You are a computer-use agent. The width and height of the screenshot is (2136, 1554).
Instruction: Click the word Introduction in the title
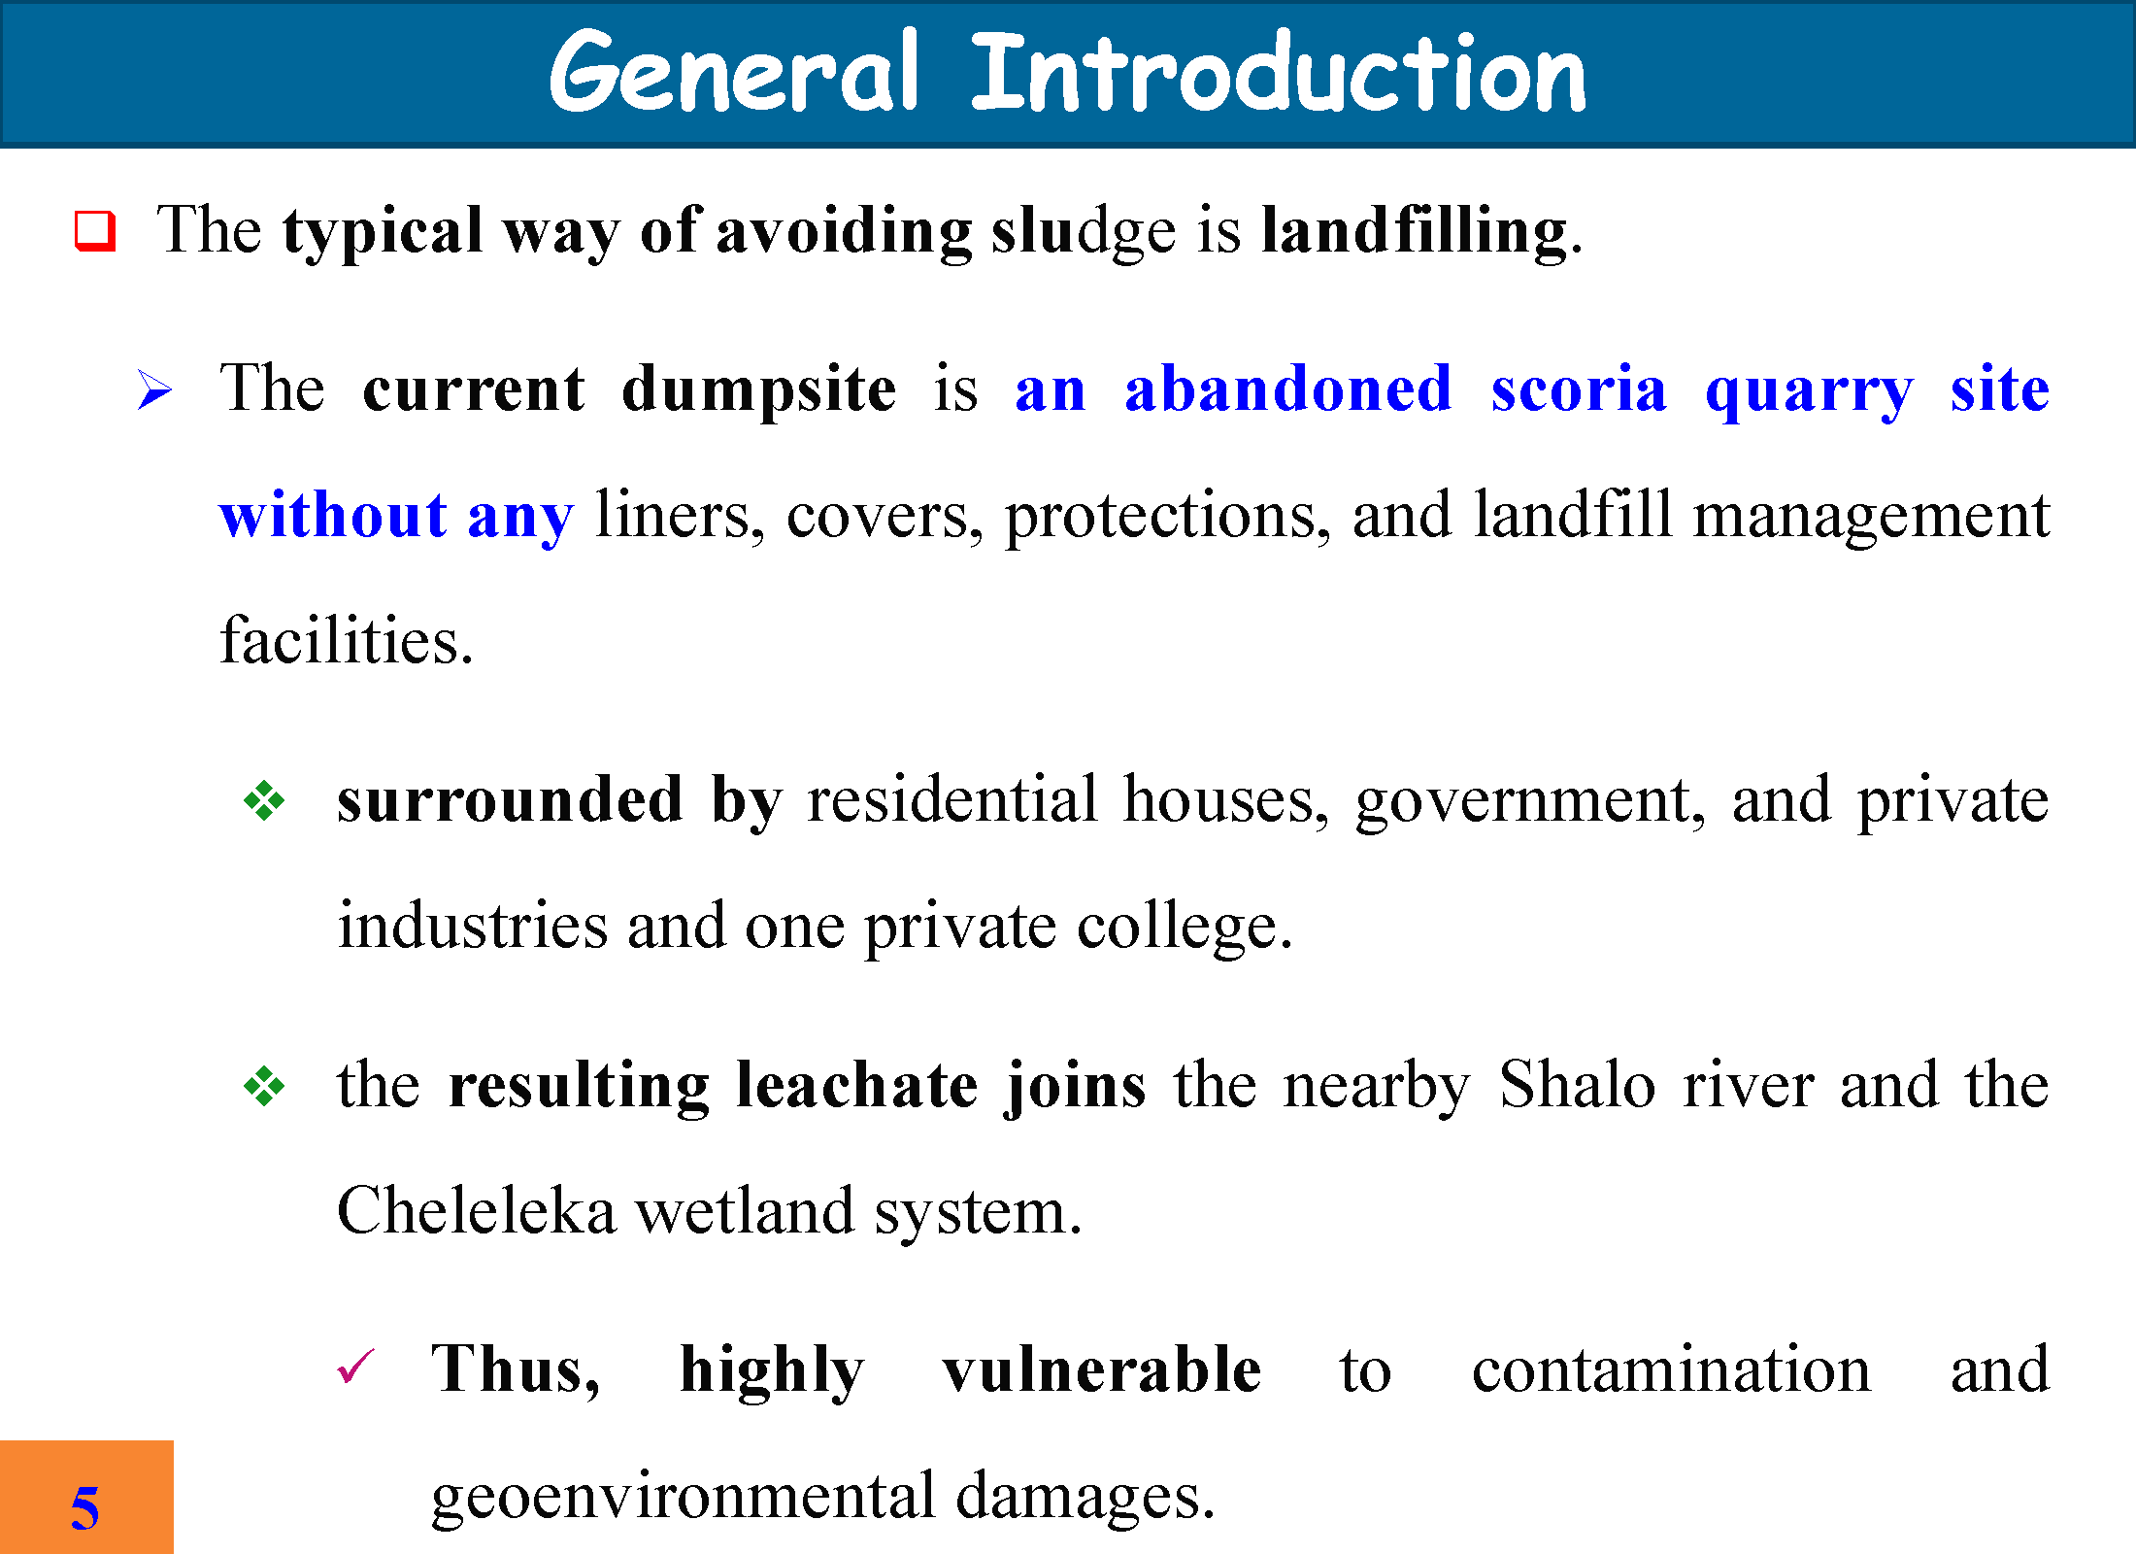1279,72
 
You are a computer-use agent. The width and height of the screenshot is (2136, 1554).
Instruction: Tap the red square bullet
95,231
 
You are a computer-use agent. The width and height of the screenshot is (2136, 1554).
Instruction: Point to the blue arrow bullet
154,390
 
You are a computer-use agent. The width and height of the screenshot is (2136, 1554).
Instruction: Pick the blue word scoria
1579,389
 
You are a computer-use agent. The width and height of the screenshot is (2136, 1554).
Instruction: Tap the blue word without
333,515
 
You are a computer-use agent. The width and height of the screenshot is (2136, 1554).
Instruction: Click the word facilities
347,641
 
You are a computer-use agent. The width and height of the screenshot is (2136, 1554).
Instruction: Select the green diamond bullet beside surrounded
264,801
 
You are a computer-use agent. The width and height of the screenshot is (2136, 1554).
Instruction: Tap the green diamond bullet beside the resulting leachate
264,1086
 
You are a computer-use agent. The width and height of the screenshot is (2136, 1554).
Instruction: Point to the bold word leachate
857,1085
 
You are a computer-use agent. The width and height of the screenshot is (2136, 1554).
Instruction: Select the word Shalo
1577,1084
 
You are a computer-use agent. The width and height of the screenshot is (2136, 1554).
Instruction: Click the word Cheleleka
476,1212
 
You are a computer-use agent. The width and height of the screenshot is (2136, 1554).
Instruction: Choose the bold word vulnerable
1102,1370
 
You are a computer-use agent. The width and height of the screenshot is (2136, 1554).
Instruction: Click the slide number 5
84,1507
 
